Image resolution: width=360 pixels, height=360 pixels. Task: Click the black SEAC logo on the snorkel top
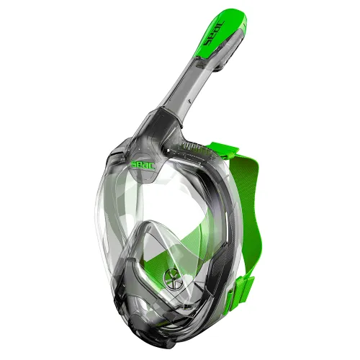pos(214,33)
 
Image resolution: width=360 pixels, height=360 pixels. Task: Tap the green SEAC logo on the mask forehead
pos(143,165)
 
